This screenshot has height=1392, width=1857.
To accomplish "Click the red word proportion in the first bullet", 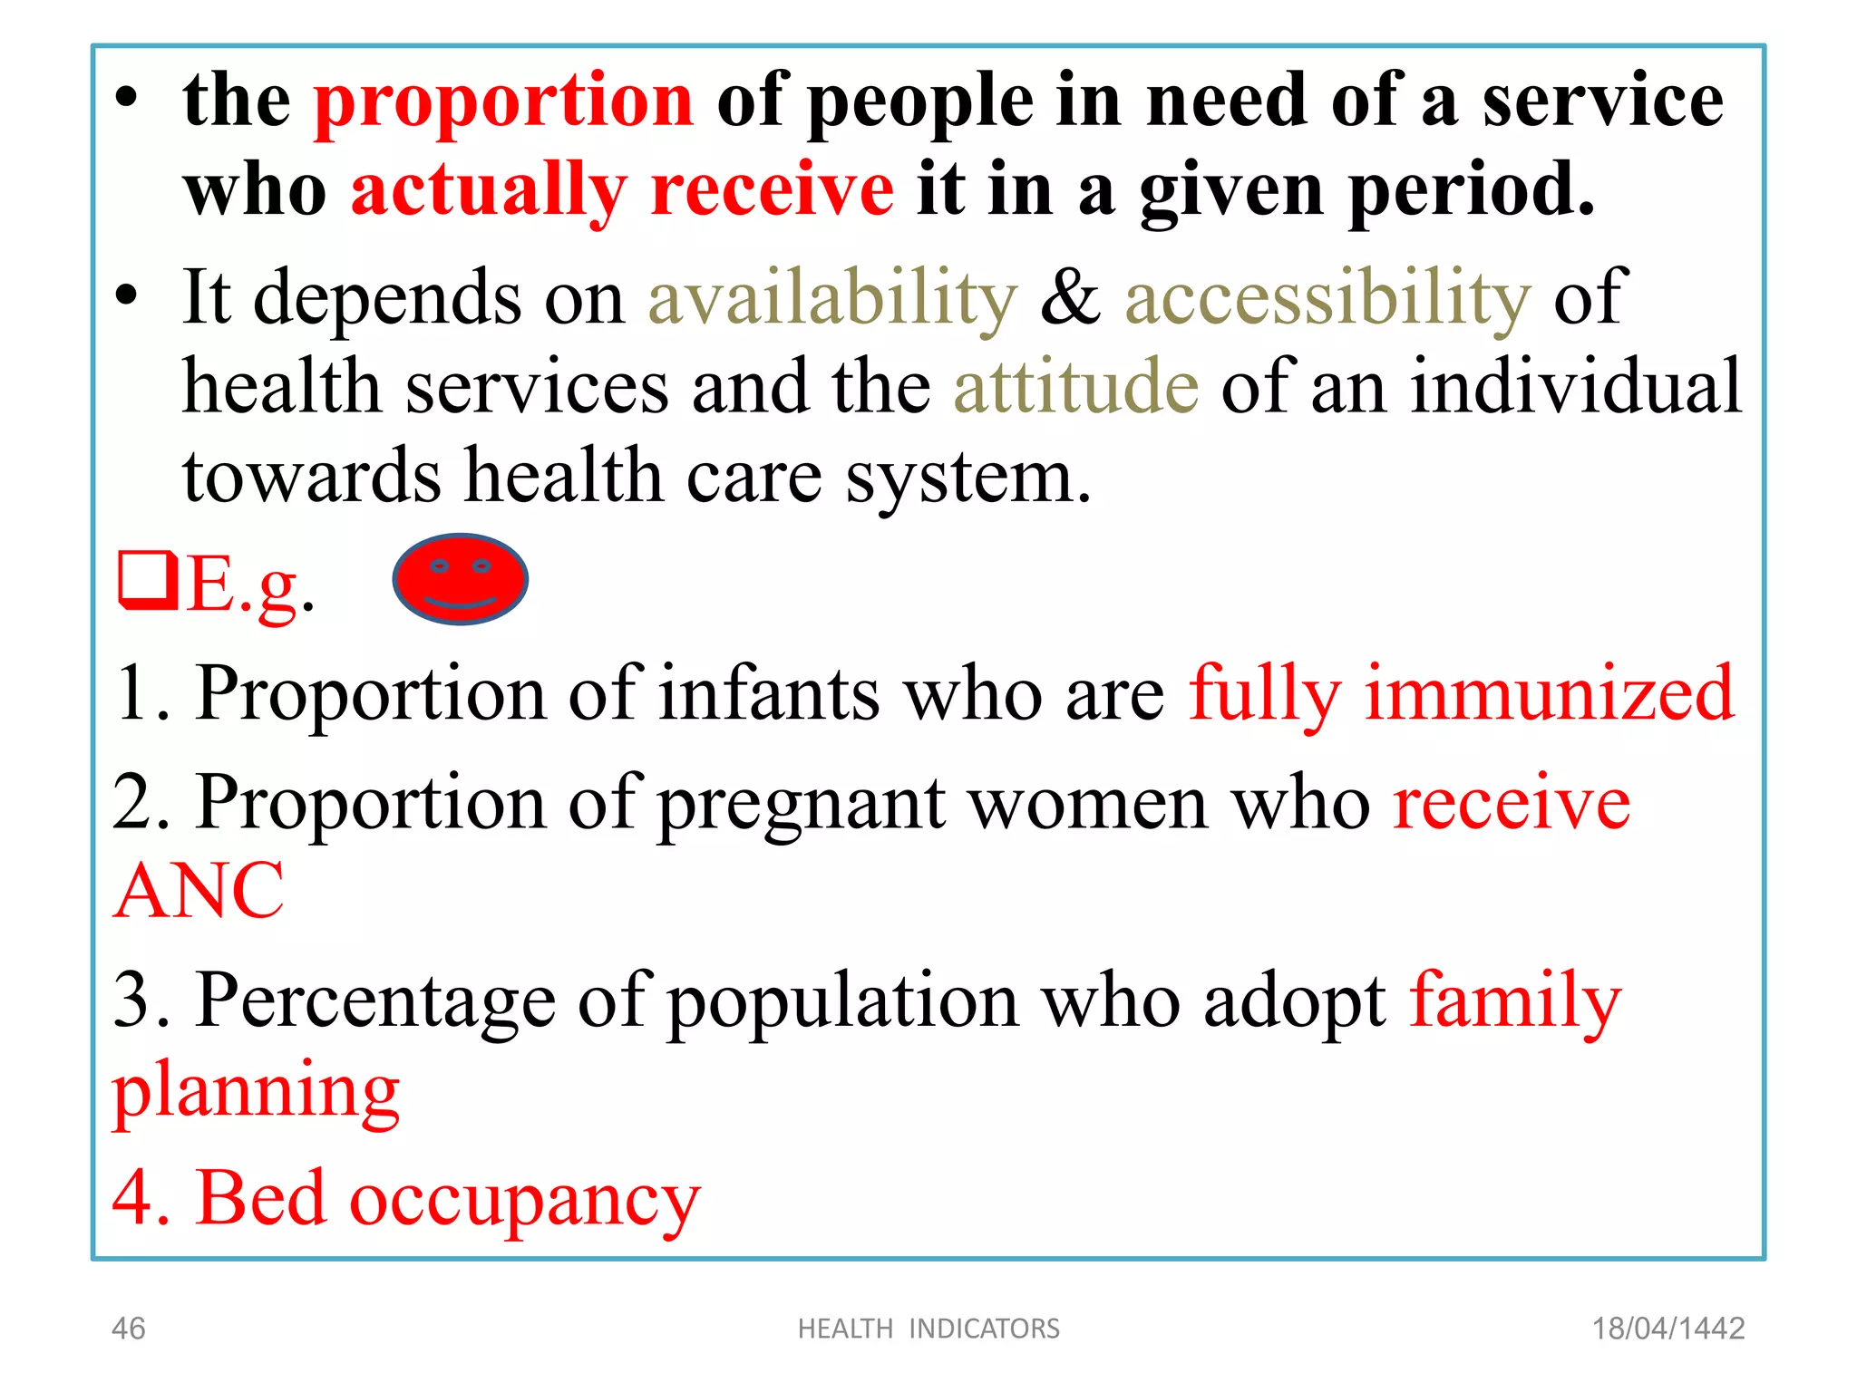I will pos(503,101).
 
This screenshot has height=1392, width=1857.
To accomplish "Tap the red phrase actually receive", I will pos(622,190).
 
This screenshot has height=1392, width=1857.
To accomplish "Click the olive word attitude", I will pos(1076,387).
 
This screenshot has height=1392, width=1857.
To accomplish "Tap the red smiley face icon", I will pos(460,579).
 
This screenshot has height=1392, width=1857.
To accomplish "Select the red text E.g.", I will pos(249,585).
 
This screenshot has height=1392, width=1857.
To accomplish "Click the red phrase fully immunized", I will pos(1461,693).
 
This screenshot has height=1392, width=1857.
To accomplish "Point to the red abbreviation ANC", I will pos(199,891).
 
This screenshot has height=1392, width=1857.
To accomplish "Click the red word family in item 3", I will pos(1515,1000).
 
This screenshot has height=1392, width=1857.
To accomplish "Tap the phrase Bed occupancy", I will pos(448,1198).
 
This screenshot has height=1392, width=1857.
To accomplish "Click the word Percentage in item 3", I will pos(375,1000).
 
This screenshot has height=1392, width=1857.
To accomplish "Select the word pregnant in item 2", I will pos(801,803).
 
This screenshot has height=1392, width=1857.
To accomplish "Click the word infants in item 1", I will pos(769,693).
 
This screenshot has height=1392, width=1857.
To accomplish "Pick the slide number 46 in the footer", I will pos(128,1329).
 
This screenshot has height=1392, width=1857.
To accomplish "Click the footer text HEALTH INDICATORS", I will pos(928,1329).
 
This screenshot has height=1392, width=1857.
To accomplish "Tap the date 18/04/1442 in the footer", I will pos(1668,1329).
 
